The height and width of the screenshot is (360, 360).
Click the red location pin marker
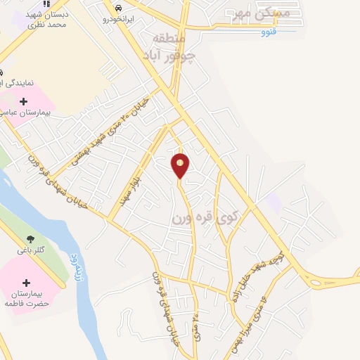(180, 166)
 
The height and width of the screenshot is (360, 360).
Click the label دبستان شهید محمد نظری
(46, 19)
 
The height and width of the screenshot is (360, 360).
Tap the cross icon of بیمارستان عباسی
(23, 101)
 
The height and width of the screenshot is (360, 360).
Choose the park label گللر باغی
(30, 250)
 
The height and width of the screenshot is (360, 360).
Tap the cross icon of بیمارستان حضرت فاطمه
(27, 282)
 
